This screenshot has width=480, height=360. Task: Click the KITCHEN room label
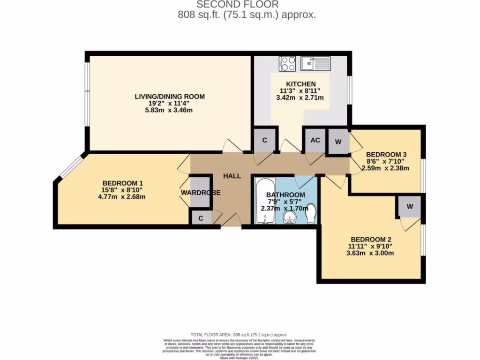tap(300, 84)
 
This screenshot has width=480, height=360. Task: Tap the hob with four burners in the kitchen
tap(287, 64)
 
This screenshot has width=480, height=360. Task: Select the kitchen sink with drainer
tap(315, 63)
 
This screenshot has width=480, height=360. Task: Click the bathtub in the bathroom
tap(265, 201)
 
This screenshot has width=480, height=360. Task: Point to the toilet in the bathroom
tap(310, 215)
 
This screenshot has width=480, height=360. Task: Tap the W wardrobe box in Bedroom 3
tap(338, 142)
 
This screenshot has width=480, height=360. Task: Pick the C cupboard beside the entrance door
tap(200, 218)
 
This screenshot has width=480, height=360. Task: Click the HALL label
tap(232, 176)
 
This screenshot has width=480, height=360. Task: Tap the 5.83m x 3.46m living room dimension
tap(170, 110)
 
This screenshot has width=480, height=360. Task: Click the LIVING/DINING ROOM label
tap(170, 97)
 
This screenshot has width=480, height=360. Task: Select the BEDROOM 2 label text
tap(370, 239)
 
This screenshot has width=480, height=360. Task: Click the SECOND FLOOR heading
tap(237, 5)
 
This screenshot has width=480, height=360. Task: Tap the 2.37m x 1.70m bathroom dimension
tap(285, 209)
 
